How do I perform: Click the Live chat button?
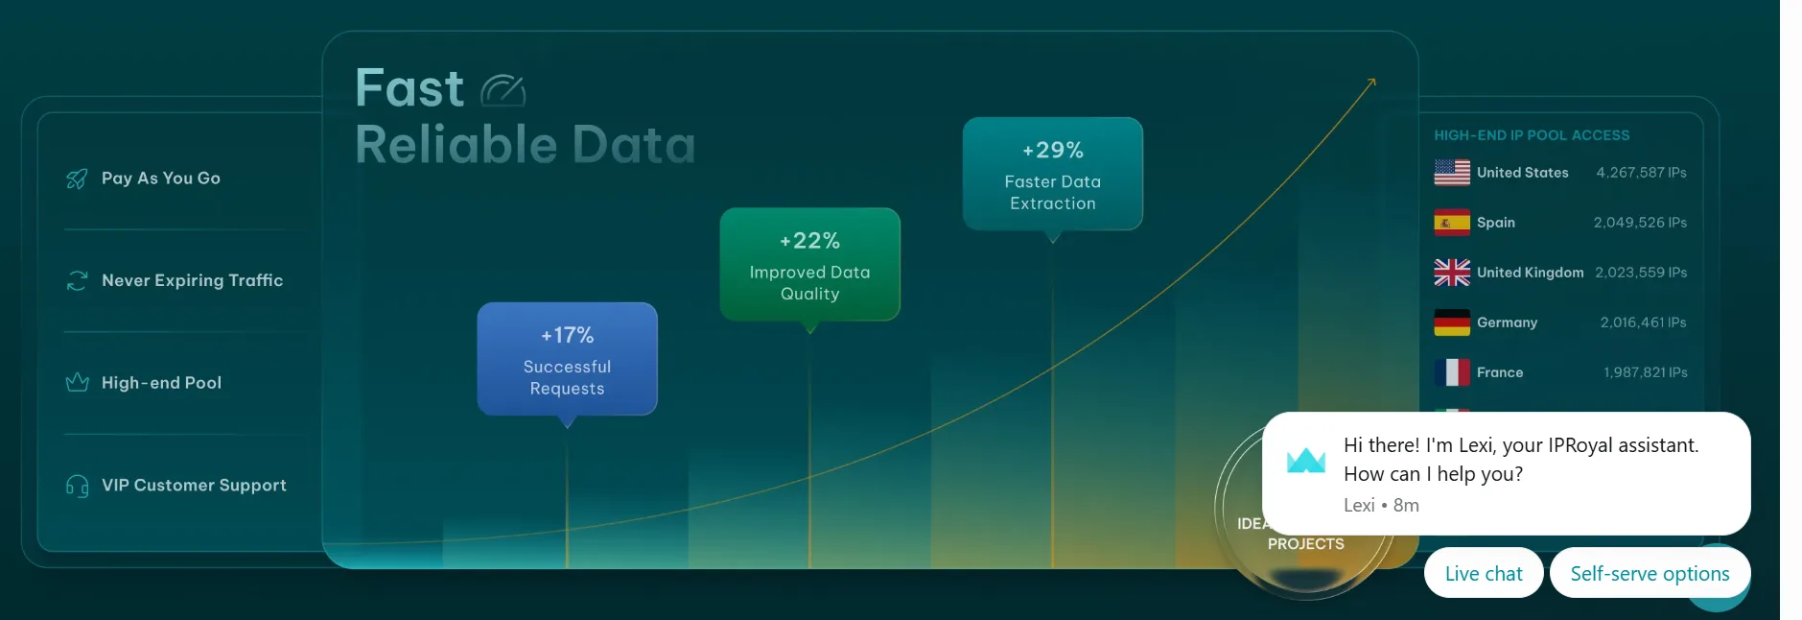coord(1483,573)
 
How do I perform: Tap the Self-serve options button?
coord(1649,573)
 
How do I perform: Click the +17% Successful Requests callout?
coord(567,360)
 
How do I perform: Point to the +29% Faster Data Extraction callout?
coord(1052,175)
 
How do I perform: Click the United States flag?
coord(1451,173)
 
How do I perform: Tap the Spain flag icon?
coord(1451,223)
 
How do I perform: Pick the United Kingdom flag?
coord(1451,273)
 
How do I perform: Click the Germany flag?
coord(1451,322)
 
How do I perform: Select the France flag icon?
coord(1451,372)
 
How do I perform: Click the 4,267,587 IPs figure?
coord(1640,173)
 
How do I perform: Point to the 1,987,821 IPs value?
coord(1645,372)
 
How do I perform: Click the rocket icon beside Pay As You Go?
coord(77,179)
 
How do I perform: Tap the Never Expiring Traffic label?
coord(192,280)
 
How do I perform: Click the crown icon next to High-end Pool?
coord(77,383)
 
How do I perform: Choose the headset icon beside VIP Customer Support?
coord(77,486)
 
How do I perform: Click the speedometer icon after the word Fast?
coord(503,90)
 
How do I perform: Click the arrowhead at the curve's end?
coord(1372,83)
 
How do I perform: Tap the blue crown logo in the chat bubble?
coord(1305,461)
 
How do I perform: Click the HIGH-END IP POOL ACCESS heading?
coord(1531,135)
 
